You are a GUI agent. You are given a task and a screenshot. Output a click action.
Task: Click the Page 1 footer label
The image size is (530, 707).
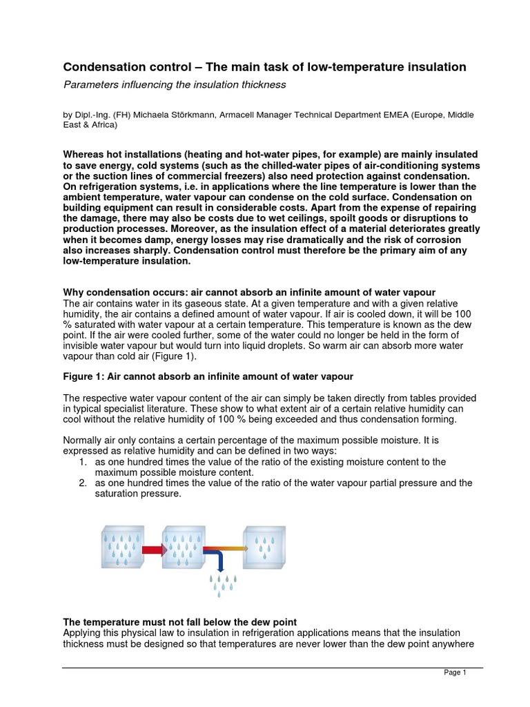coord(455,673)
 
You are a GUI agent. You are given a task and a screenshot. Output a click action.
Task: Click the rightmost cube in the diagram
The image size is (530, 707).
coord(264,547)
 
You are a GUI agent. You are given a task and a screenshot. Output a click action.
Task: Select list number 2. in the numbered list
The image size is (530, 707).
coord(84,483)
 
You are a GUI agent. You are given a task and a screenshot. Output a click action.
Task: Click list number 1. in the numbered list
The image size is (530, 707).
coord(84,461)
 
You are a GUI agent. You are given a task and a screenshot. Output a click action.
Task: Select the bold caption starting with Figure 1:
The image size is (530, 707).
coord(208,376)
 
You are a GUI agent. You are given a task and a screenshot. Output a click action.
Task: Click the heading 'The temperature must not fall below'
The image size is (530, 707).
coord(179,622)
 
